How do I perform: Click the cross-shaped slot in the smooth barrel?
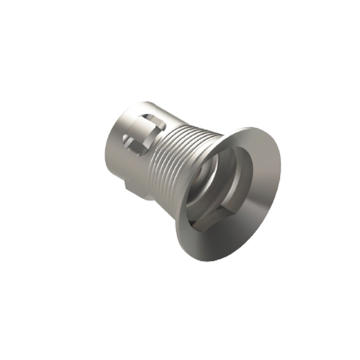[143, 135]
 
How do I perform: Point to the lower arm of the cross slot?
[137, 149]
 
